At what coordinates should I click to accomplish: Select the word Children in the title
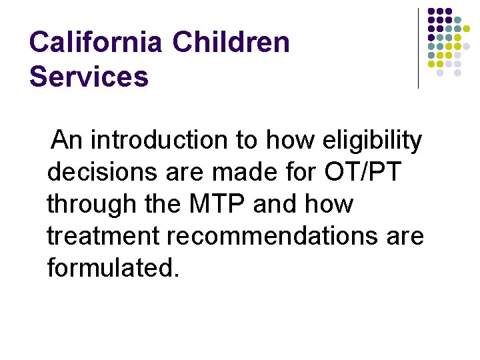pos(231,43)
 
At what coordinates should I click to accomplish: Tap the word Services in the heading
pos(89,77)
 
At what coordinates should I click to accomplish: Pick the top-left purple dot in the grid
pos(431,11)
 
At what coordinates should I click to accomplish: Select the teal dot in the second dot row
pos(457,20)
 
